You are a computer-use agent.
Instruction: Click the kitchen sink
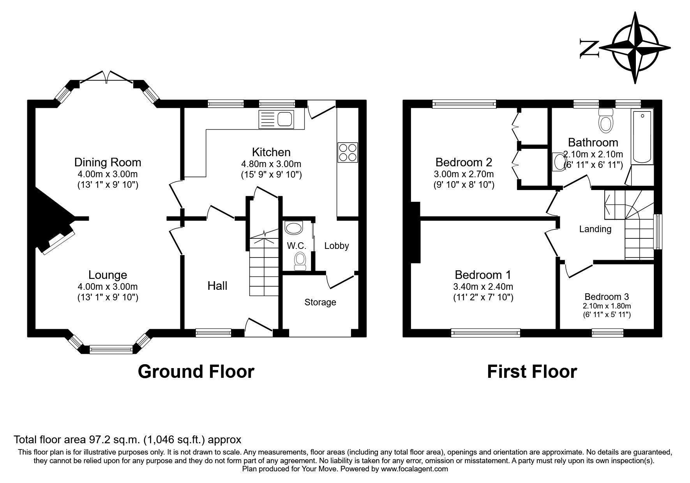pyautogui.click(x=276, y=119)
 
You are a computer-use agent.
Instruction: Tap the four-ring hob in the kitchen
pyautogui.click(x=348, y=152)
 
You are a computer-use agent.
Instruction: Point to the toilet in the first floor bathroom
pyautogui.click(x=605, y=120)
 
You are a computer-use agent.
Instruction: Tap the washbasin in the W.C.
pyautogui.click(x=294, y=228)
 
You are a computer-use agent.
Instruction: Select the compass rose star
pyautogui.click(x=635, y=48)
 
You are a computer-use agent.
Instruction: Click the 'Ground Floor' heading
pyautogui.click(x=196, y=372)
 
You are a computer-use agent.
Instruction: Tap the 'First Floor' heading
pyautogui.click(x=532, y=372)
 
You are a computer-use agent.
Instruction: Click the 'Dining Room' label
pyautogui.click(x=108, y=162)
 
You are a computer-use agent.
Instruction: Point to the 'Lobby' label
pyautogui.click(x=337, y=246)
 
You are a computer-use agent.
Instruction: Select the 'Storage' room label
pyautogui.click(x=320, y=302)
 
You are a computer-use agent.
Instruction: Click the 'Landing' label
pyautogui.click(x=595, y=229)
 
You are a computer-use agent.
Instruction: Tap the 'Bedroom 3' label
pyautogui.click(x=607, y=296)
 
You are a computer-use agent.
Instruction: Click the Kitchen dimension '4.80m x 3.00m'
pyautogui.click(x=271, y=164)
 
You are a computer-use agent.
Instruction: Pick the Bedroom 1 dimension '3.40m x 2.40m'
pyautogui.click(x=483, y=287)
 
